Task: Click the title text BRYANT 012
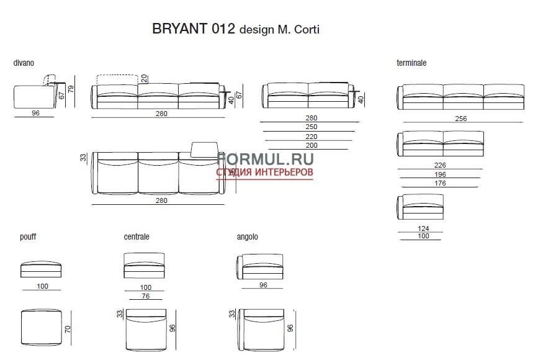pos(193,29)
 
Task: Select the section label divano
pos(24,63)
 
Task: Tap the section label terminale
pos(411,63)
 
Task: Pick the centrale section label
pos(137,237)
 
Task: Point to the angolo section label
pos(247,237)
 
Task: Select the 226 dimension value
pos(440,166)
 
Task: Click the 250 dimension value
pos(311,127)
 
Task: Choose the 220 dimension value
pos(311,137)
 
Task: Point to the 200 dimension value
pos(311,145)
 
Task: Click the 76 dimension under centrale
pos(145,296)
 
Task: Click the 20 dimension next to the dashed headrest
pos(143,78)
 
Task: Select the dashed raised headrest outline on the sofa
pos(117,79)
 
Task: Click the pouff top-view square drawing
pos(41,328)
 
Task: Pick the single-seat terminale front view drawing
pos(421,207)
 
